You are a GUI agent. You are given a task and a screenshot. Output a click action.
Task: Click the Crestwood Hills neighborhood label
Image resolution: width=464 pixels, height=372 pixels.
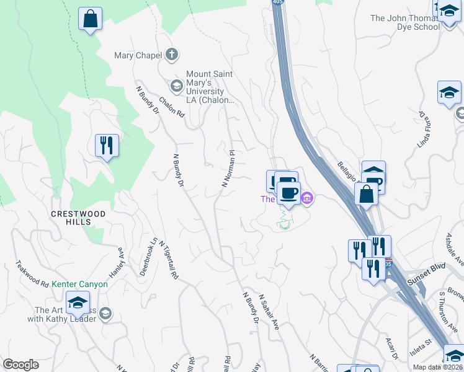click(79, 218)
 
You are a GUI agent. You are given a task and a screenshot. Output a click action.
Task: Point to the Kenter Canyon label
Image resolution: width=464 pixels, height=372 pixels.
click(79, 285)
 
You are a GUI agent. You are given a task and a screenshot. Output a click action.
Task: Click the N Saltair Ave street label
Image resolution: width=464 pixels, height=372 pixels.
click(269, 312)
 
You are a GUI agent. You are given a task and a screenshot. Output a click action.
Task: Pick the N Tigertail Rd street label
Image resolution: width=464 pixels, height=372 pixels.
click(169, 259)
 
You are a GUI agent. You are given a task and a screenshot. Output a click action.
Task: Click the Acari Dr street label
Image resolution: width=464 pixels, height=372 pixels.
click(391, 350)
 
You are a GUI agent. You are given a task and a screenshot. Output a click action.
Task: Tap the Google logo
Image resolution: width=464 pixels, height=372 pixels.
click(20, 365)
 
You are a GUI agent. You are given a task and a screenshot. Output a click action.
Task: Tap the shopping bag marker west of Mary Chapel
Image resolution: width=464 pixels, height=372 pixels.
click(91, 19)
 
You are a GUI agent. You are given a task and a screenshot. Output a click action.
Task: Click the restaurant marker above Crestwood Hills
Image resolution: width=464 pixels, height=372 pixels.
click(107, 146)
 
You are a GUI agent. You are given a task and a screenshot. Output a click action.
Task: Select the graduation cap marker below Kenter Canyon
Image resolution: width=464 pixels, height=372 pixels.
click(78, 303)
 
